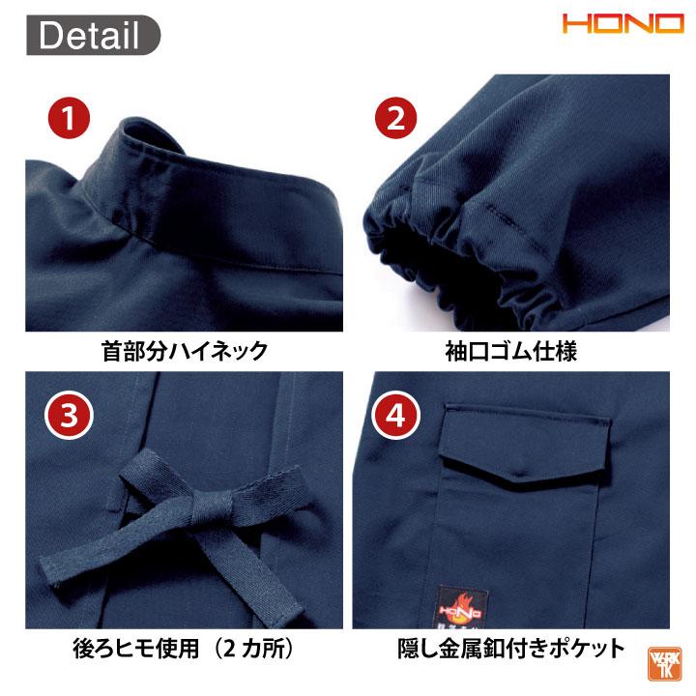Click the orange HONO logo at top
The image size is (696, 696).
click(623, 24)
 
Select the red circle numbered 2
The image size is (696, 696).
click(395, 120)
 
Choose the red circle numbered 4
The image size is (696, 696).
click(395, 416)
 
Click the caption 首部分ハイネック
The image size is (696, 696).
click(184, 350)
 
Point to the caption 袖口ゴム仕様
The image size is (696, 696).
click(514, 350)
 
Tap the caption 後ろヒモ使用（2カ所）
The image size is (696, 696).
click(184, 648)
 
